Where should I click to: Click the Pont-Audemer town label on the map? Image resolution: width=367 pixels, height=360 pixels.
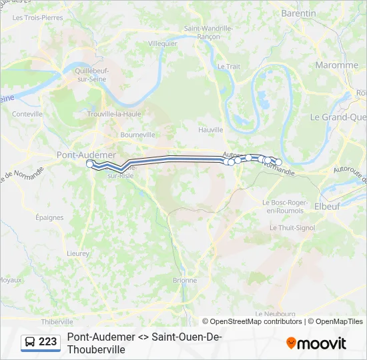click(x=86, y=155)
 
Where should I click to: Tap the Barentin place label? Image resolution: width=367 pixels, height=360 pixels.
click(x=299, y=13)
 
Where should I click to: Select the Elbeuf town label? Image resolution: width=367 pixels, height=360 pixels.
click(x=326, y=207)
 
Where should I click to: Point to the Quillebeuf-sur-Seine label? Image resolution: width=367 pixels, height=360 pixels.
click(x=92, y=73)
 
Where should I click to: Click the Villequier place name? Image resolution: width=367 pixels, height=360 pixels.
click(x=162, y=43)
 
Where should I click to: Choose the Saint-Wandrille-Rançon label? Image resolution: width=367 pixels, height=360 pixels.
click(x=208, y=32)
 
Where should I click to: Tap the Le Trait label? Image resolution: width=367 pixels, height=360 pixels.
click(x=228, y=67)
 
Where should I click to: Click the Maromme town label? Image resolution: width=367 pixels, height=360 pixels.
click(x=337, y=65)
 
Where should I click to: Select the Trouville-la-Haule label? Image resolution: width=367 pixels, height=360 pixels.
click(x=114, y=114)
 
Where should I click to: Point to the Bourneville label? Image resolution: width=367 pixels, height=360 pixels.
click(x=137, y=135)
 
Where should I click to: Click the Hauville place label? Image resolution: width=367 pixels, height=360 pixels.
click(x=211, y=130)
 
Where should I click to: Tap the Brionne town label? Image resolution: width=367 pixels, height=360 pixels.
click(x=185, y=281)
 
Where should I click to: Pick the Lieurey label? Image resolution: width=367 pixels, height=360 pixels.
click(x=78, y=253)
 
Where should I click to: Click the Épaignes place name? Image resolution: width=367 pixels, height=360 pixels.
click(x=49, y=217)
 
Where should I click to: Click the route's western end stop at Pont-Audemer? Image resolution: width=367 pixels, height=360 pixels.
click(x=90, y=163)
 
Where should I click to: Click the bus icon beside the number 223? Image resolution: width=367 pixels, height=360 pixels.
click(x=30, y=343)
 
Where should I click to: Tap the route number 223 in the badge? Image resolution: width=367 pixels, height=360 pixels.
click(x=48, y=343)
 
